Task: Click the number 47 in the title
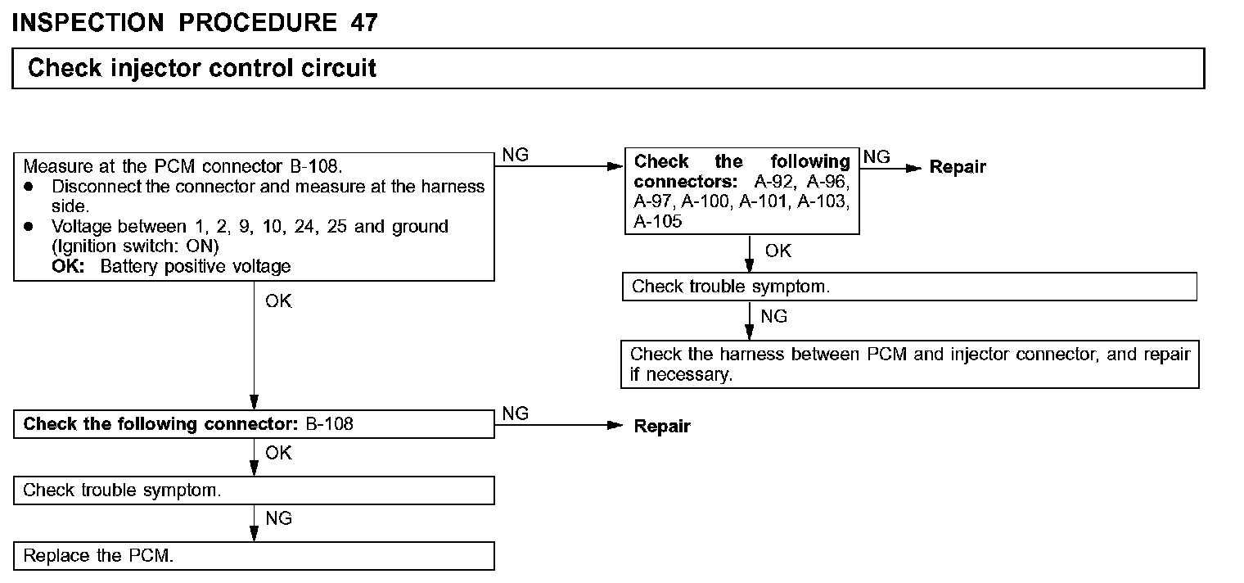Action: click(364, 23)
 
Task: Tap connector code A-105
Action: click(657, 221)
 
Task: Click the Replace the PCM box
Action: click(254, 556)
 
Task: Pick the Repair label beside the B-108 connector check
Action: click(662, 427)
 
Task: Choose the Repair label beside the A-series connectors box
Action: click(958, 167)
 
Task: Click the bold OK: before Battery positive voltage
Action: click(68, 266)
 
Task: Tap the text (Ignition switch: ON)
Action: click(136, 246)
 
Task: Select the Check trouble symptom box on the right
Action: click(909, 287)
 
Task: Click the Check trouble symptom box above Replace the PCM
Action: click(254, 490)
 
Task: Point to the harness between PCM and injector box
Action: click(910, 364)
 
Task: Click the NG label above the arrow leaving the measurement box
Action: click(515, 155)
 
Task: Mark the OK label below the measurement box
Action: click(278, 301)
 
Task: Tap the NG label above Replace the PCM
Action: click(278, 518)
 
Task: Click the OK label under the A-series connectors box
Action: click(778, 251)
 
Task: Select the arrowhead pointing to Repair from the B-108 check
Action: click(615, 426)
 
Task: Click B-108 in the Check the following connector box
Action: click(329, 424)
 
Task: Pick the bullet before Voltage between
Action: click(29, 226)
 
